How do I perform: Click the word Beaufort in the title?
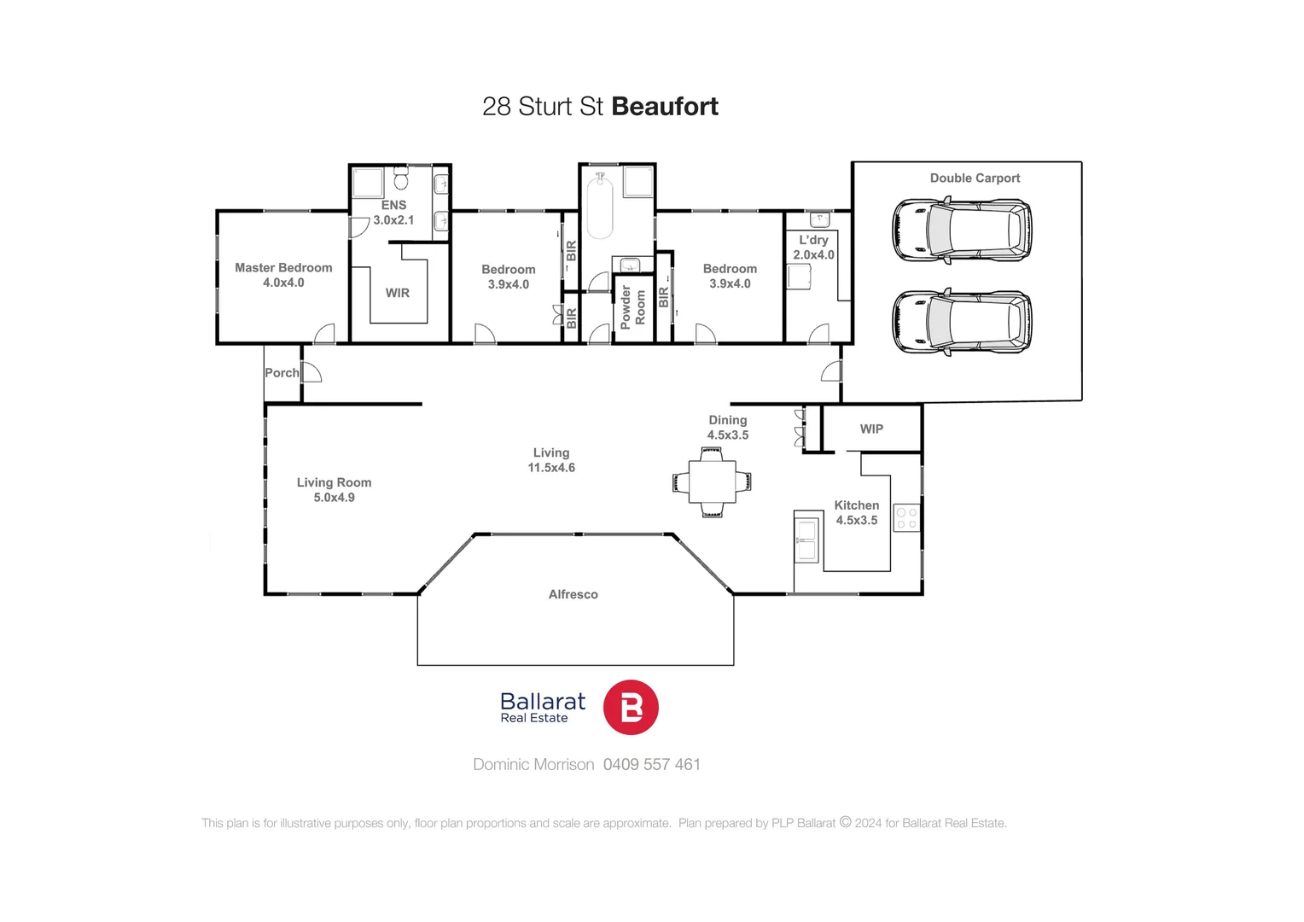tap(665, 107)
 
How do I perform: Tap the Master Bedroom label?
tap(283, 268)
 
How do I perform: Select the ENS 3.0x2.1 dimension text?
tap(393, 220)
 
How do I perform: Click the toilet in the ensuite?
tap(401, 178)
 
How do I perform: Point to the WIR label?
tap(398, 293)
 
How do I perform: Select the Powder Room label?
tap(633, 306)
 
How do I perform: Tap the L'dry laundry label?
tap(813, 241)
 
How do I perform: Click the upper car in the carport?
tap(961, 230)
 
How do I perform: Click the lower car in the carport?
tap(961, 322)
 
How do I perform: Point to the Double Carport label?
tap(975, 178)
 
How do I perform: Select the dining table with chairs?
tap(713, 482)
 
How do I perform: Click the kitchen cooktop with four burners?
tap(906, 518)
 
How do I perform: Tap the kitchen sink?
tap(806, 539)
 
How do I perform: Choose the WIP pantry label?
tap(871, 429)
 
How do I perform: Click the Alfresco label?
tap(573, 594)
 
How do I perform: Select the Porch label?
tap(282, 373)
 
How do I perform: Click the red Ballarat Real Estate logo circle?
tap(631, 708)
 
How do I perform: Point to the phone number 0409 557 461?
tap(652, 765)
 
